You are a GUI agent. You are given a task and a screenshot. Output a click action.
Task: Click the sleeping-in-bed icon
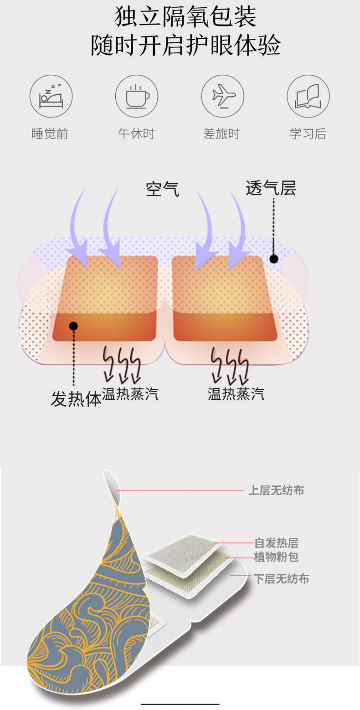51,97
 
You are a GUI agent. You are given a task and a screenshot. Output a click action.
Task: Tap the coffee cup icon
136,97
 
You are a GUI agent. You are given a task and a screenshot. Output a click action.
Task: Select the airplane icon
222,97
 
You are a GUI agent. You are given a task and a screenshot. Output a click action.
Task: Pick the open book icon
308,97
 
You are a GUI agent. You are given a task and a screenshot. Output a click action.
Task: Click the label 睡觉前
50,134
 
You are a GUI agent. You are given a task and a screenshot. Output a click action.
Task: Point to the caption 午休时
136,134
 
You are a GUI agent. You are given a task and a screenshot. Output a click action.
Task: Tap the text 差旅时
221,134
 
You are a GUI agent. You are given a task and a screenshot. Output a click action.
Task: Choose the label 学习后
308,134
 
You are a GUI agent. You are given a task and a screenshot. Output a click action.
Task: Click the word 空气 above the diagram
162,189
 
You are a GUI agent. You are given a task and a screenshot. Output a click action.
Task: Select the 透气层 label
271,188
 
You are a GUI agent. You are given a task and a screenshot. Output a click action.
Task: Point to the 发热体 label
76,399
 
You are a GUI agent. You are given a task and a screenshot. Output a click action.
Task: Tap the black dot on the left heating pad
73,326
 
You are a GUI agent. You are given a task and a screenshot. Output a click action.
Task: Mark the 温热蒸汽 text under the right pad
236,393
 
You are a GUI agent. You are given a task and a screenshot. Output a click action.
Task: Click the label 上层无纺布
276,490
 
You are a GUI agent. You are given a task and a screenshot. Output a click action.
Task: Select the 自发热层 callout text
276,543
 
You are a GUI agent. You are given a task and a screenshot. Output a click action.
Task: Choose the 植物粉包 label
276,557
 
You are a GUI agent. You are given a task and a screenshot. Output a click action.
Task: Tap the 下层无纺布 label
281,579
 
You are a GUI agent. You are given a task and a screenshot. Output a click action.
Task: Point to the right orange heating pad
225,298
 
